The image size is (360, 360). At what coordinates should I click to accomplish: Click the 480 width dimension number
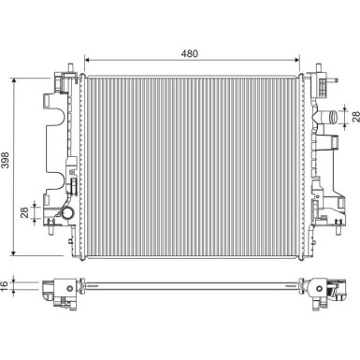tap(190, 53)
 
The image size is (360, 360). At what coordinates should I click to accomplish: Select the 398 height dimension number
tap(6, 160)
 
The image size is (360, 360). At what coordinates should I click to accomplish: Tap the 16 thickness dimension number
tap(4, 286)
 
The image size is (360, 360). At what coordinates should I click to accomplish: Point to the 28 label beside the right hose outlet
tap(355, 117)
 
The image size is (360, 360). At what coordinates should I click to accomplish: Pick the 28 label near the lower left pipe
tap(24, 212)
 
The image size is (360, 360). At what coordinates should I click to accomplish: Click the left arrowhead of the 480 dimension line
tap(87, 60)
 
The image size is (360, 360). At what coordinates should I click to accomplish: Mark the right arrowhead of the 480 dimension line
tap(296, 60)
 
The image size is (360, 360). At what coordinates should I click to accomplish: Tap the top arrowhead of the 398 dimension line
tap(14, 81)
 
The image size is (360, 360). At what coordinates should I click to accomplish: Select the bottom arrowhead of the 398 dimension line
tap(13, 252)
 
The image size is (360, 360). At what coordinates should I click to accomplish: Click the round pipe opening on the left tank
tap(67, 213)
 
